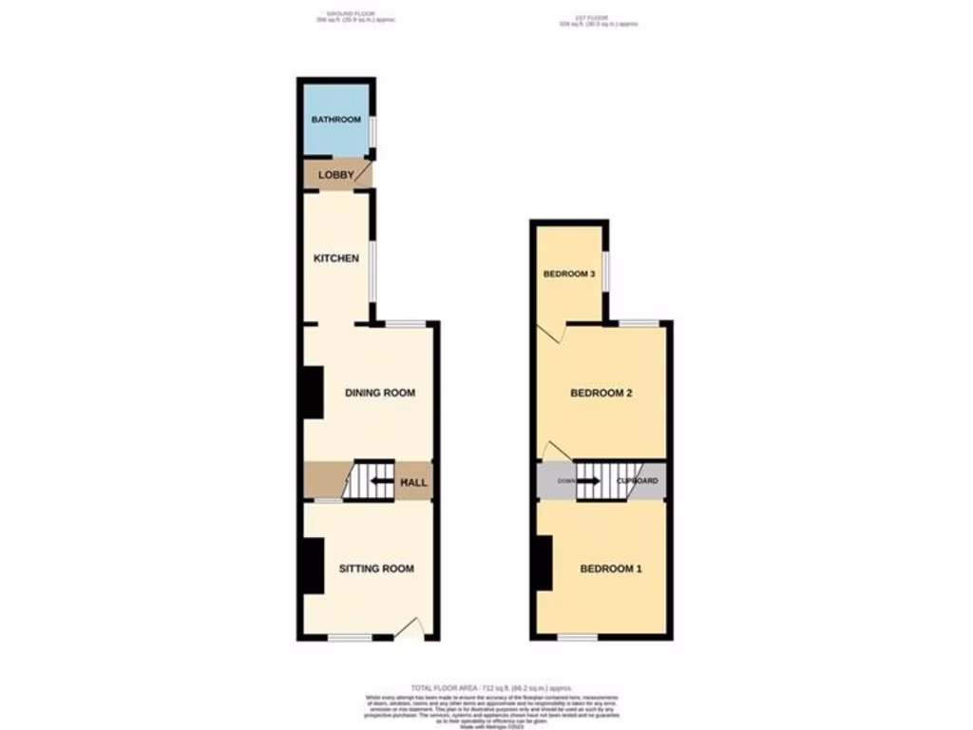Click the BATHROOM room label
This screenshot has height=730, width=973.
(x=336, y=120)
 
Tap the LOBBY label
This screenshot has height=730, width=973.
(x=335, y=175)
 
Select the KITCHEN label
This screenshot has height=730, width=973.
(x=336, y=258)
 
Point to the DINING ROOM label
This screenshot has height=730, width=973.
(x=380, y=393)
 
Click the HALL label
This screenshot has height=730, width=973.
(x=413, y=483)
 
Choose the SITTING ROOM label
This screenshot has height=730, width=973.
(x=377, y=568)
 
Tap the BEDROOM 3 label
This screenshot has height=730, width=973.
(x=569, y=275)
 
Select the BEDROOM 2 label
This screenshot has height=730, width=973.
(x=601, y=393)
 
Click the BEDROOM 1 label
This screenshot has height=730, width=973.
(x=612, y=568)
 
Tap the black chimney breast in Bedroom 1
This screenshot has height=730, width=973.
(x=542, y=563)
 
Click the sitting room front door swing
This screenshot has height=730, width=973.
(x=409, y=628)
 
